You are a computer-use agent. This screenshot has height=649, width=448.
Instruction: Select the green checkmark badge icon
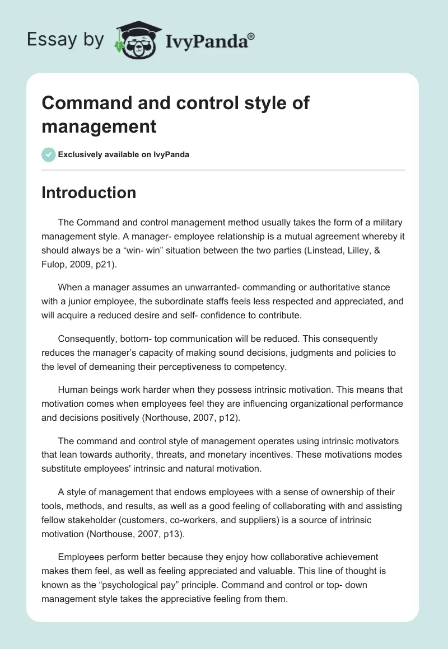coord(49,154)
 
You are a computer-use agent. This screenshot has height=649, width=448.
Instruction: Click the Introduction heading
coord(89,192)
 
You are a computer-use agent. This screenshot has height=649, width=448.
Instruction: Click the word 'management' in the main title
coord(99,126)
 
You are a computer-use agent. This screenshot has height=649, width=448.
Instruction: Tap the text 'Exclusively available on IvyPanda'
coord(124,154)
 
